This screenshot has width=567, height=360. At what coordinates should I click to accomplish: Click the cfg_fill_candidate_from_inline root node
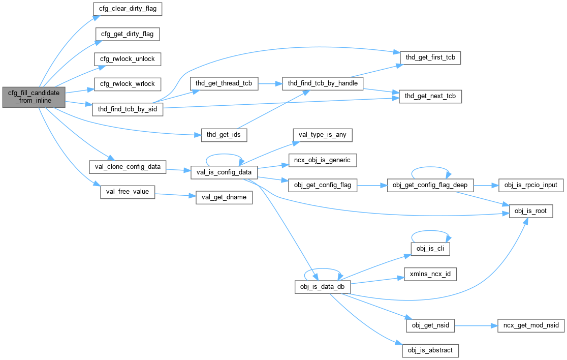(34, 97)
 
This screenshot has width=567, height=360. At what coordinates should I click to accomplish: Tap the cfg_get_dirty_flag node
(128, 34)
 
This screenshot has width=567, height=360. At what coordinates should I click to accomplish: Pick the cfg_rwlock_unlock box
(127, 58)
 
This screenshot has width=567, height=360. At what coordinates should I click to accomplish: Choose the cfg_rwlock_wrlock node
(127, 83)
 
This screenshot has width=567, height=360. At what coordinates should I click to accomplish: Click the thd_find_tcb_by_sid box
(127, 109)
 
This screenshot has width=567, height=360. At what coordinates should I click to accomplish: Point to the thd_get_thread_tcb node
(224, 83)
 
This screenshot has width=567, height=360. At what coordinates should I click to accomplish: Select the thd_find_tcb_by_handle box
(322, 83)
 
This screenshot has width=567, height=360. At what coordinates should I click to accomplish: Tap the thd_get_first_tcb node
(430, 58)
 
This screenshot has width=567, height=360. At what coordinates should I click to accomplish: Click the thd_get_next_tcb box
(430, 96)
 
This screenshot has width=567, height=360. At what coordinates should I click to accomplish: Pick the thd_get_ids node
(224, 135)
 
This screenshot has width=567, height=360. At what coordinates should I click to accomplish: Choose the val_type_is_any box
(322, 135)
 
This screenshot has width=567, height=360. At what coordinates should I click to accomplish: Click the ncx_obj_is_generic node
(322, 160)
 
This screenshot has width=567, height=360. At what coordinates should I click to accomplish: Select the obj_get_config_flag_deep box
(430, 186)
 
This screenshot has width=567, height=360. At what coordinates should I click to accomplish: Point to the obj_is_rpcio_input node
(530, 186)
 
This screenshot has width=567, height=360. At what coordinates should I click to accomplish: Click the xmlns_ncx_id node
(430, 274)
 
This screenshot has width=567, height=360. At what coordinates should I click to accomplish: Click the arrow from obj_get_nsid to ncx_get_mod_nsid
(471, 325)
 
